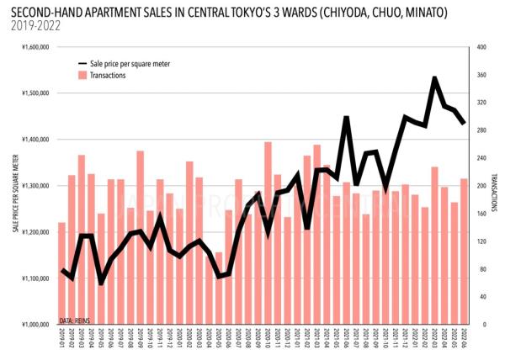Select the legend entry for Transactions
tap(107, 75)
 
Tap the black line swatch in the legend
tap(82, 64)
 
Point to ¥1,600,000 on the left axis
tap(34, 48)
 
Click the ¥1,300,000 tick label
tap(34, 186)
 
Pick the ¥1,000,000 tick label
tap(34, 325)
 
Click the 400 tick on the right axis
tap(481, 48)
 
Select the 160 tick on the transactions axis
tap(481, 214)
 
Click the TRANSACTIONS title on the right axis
tap(495, 186)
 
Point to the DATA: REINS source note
tap(74, 321)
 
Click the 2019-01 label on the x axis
tap(61, 340)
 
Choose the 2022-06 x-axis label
tap(464, 340)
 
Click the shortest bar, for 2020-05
tap(219, 288)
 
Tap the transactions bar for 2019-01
tap(61, 273)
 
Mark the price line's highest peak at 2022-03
tap(434, 78)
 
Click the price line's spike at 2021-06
tap(346, 119)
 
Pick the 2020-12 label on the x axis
tap(287, 340)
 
